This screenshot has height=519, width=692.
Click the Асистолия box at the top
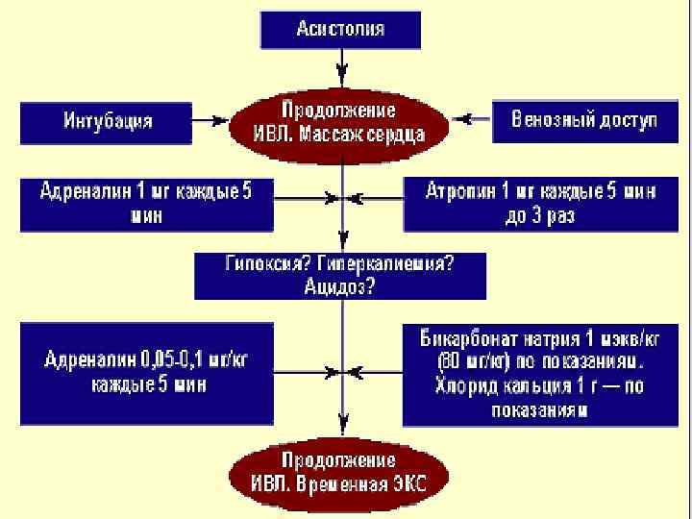(340, 29)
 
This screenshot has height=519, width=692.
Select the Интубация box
(106, 122)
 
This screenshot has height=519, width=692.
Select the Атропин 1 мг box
(540, 204)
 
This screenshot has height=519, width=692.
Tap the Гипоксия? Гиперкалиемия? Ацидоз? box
(340, 275)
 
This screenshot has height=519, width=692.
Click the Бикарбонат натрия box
(540, 374)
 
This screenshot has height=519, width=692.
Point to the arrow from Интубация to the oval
(210, 122)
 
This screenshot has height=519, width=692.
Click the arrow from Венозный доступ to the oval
(471, 121)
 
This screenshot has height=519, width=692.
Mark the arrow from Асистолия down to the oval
(340, 67)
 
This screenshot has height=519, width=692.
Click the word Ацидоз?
(339, 286)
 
